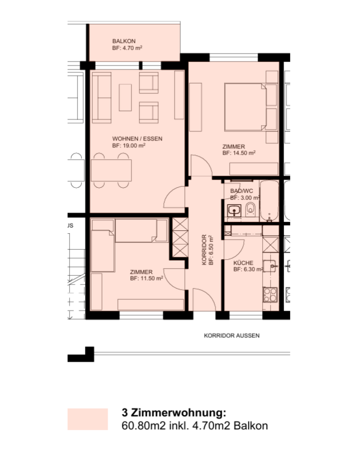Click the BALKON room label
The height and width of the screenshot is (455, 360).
click(x=124, y=41)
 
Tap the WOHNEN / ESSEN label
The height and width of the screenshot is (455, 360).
click(x=137, y=139)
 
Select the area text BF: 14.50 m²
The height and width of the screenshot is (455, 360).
click(x=239, y=153)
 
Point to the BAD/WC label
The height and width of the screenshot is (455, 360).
click(x=241, y=191)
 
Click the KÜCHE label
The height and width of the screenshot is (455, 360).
click(x=243, y=263)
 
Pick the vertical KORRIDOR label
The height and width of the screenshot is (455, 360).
click(x=204, y=250)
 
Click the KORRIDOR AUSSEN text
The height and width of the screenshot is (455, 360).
click(x=231, y=336)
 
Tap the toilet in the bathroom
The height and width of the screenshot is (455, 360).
click(x=250, y=209)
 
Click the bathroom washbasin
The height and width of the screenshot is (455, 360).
click(x=234, y=210)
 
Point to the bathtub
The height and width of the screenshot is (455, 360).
click(x=269, y=201)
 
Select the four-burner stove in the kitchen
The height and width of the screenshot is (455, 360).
click(x=270, y=295)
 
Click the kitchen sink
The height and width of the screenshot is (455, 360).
click(x=270, y=266)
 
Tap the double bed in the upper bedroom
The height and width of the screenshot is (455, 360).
click(x=246, y=107)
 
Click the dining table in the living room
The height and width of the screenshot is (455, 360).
click(x=111, y=170)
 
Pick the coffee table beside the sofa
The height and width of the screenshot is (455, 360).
click(x=125, y=97)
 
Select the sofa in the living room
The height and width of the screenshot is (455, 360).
click(x=102, y=98)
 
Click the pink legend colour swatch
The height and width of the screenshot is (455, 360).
click(x=88, y=419)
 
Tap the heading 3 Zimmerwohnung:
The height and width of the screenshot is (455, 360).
click(x=174, y=412)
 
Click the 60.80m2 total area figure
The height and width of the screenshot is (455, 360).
click(x=143, y=425)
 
